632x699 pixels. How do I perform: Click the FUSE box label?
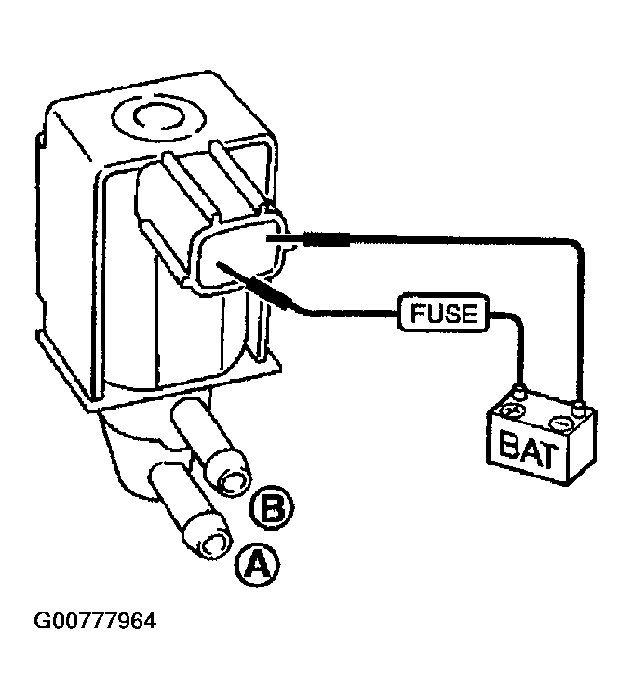pyautogui.click(x=443, y=313)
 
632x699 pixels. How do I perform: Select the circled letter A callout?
pyautogui.click(x=257, y=565)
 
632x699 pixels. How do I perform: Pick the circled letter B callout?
pyautogui.click(x=272, y=508)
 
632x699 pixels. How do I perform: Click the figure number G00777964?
pyautogui.click(x=95, y=621)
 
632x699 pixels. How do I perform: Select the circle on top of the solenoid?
pyautogui.click(x=159, y=116)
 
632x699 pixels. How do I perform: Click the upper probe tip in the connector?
pyautogui.click(x=268, y=239)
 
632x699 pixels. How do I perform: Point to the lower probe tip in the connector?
pyautogui.click(x=219, y=264)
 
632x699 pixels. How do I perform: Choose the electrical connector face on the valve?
pyautogui.click(x=241, y=255)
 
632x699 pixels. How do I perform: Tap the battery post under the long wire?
pyautogui.click(x=579, y=405)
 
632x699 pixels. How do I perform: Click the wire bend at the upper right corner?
pyautogui.click(x=577, y=244)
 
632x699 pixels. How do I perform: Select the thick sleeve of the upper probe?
pyautogui.click(x=327, y=239)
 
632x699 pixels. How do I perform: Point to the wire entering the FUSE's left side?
pyautogui.click(x=352, y=315)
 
